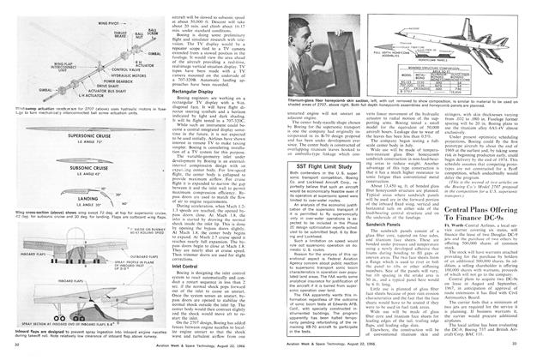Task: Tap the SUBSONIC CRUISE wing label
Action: point(63,167)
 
